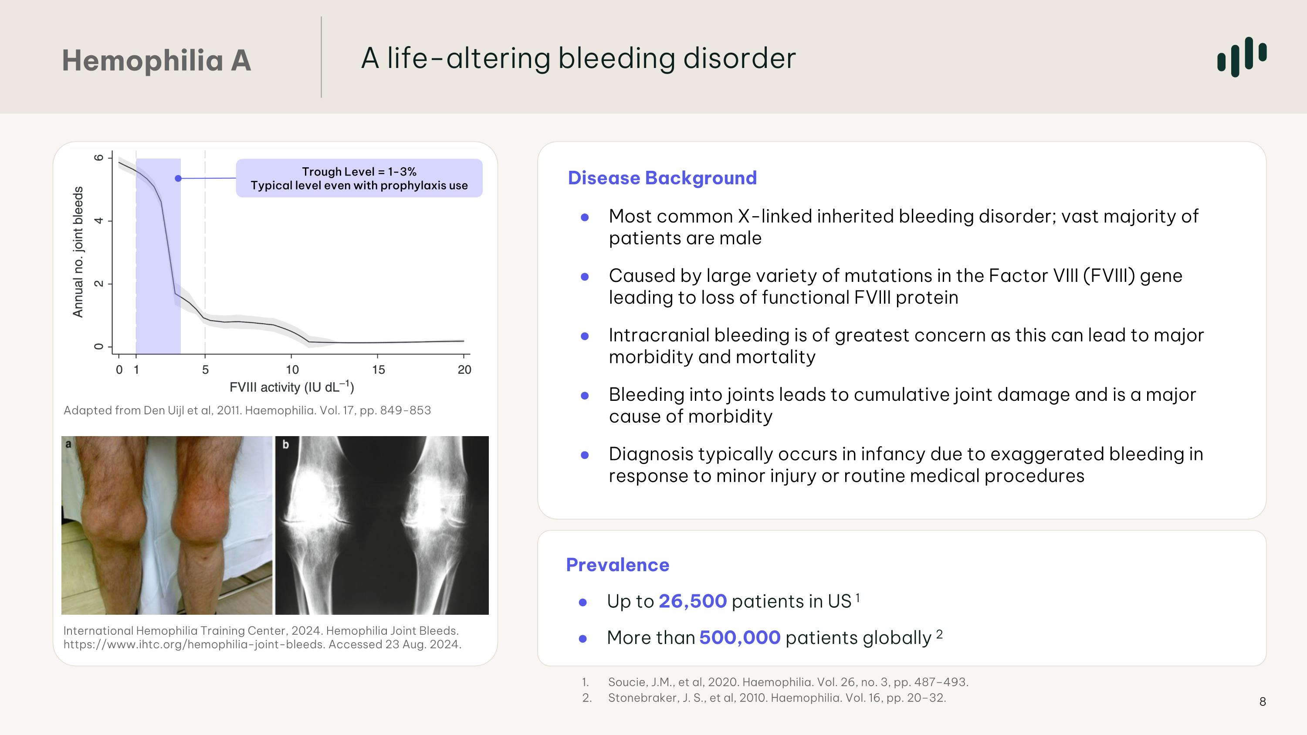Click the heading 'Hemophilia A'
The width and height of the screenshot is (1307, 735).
pos(156,61)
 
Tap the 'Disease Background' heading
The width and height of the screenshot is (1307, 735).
pos(662,178)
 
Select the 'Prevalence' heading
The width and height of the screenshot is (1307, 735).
pos(617,565)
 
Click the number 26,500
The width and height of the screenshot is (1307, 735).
pos(692,602)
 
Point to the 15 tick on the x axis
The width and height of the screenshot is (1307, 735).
pos(378,370)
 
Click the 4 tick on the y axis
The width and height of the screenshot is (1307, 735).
pos(99,220)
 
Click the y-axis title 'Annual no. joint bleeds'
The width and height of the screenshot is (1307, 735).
pos(78,252)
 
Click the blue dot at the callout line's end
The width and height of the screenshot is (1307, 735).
pos(178,179)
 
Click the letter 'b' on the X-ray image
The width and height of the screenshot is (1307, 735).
pos(285,445)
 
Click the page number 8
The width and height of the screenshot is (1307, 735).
pos(1263,702)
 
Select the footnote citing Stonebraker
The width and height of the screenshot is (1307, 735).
pos(776,698)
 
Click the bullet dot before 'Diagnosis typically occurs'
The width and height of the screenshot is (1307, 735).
pos(585,455)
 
